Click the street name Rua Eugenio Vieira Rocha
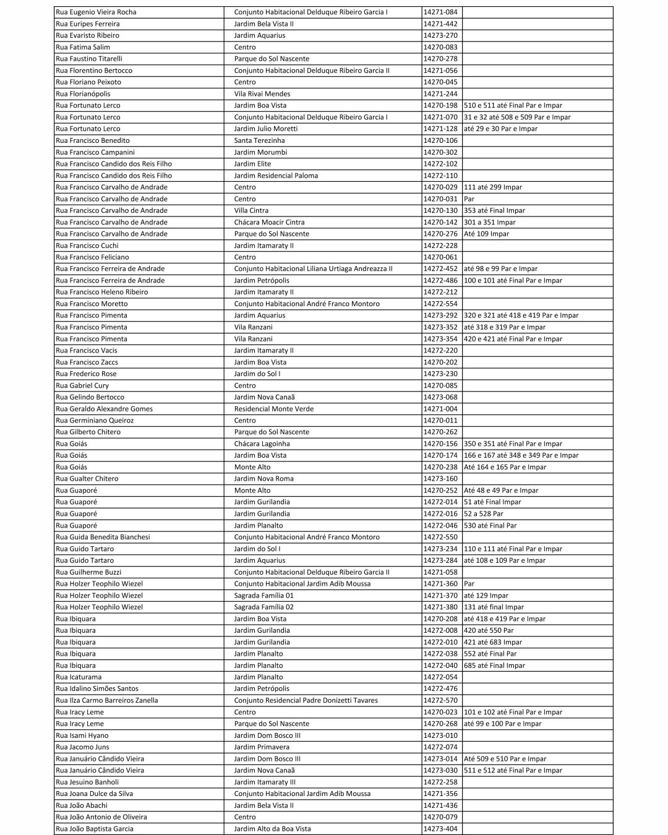click(x=96, y=12)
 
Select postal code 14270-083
click(x=440, y=47)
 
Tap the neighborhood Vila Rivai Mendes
click(x=262, y=94)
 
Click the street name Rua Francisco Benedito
click(x=93, y=140)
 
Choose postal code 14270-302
click(x=440, y=152)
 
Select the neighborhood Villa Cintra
click(x=251, y=210)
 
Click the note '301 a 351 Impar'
click(x=489, y=222)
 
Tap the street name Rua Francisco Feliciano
click(x=92, y=257)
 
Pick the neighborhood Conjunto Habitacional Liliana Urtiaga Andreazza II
click(x=313, y=268)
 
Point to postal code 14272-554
click(x=440, y=304)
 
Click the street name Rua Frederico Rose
click(x=86, y=374)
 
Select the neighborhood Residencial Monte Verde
click(x=274, y=409)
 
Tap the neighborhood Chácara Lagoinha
click(x=262, y=443)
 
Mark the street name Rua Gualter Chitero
click(x=87, y=479)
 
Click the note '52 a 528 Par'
click(x=484, y=513)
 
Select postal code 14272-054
click(x=440, y=677)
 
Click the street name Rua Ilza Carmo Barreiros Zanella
click(x=107, y=700)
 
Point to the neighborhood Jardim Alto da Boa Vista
click(x=273, y=829)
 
